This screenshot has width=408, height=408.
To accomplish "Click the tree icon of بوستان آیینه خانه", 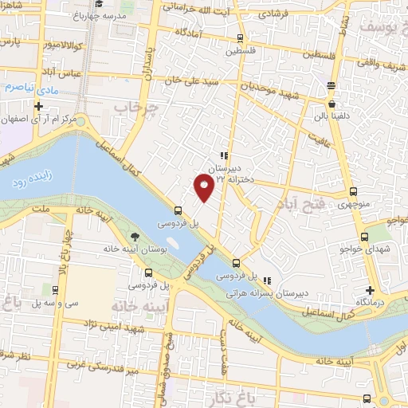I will tap(135, 237).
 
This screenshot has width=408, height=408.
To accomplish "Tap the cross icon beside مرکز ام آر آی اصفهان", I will tap(38, 106).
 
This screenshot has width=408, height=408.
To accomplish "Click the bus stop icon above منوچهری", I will tap(354, 191).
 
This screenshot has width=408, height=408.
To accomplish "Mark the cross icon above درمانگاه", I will tap(370, 290).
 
